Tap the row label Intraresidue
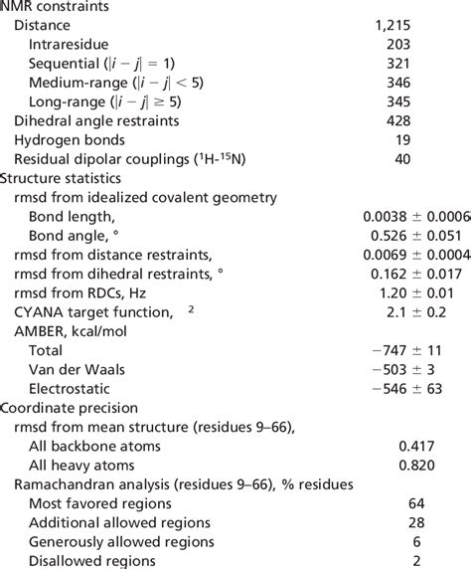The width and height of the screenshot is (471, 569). pyautogui.click(x=70, y=45)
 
